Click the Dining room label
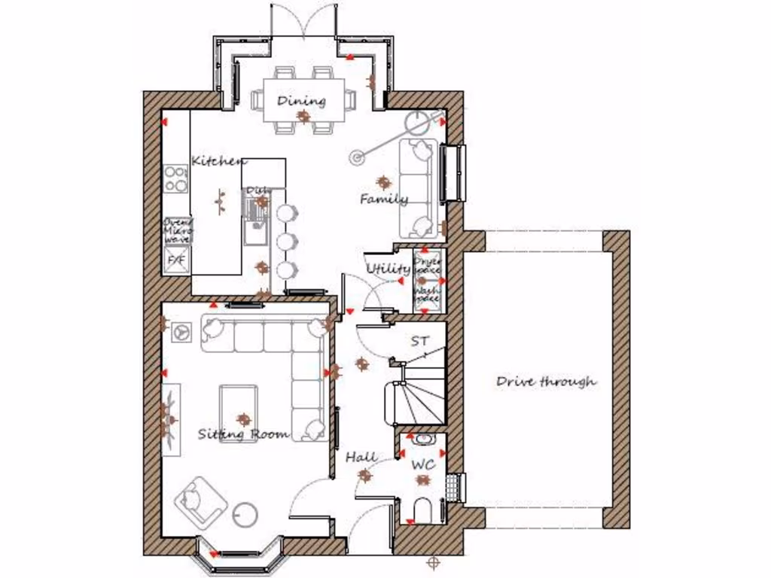point(301,101)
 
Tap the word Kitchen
point(218,161)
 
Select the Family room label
point(383,199)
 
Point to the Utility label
point(388,269)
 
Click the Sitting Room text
point(243,434)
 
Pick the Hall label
point(361,457)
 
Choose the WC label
point(423,465)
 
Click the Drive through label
point(546,382)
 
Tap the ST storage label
point(419,341)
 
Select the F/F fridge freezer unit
point(176,260)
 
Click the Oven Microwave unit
point(178,230)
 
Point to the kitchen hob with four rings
point(176,179)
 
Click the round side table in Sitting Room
point(245,516)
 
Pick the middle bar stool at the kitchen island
point(285,242)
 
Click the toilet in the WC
point(422,510)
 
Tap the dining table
point(302,99)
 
